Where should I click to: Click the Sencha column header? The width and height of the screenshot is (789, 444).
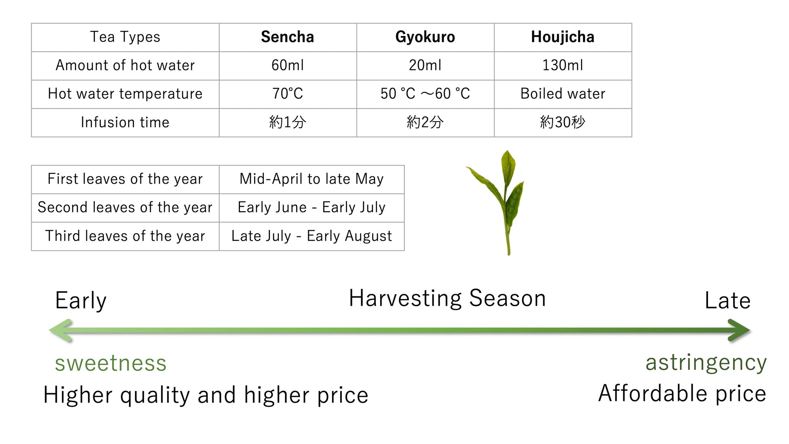coord(287,37)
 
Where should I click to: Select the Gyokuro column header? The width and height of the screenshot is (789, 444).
coord(425,37)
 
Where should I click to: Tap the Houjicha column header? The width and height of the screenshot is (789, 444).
coord(563,37)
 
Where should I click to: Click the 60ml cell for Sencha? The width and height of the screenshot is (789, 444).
coord(287,65)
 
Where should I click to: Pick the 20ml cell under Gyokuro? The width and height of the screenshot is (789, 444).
coord(425,65)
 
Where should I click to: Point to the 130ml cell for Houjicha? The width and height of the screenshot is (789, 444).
coord(563,65)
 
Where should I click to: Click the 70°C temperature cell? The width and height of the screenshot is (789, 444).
coord(287,94)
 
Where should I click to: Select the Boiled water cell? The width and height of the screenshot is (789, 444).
coord(563,94)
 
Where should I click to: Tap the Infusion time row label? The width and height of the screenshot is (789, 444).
coord(125,122)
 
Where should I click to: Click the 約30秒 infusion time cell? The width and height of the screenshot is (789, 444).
coord(563,122)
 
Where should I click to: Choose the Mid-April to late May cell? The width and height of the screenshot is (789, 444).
coord(311,179)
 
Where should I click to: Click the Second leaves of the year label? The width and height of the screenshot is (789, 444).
coord(125,207)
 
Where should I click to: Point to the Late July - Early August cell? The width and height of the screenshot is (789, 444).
coord(311,236)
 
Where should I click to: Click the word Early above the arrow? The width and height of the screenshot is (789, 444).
coord(81,300)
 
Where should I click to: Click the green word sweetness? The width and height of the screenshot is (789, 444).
coord(111,363)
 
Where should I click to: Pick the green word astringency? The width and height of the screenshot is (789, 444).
coord(706,363)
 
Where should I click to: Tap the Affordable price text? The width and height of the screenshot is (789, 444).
coord(682,393)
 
